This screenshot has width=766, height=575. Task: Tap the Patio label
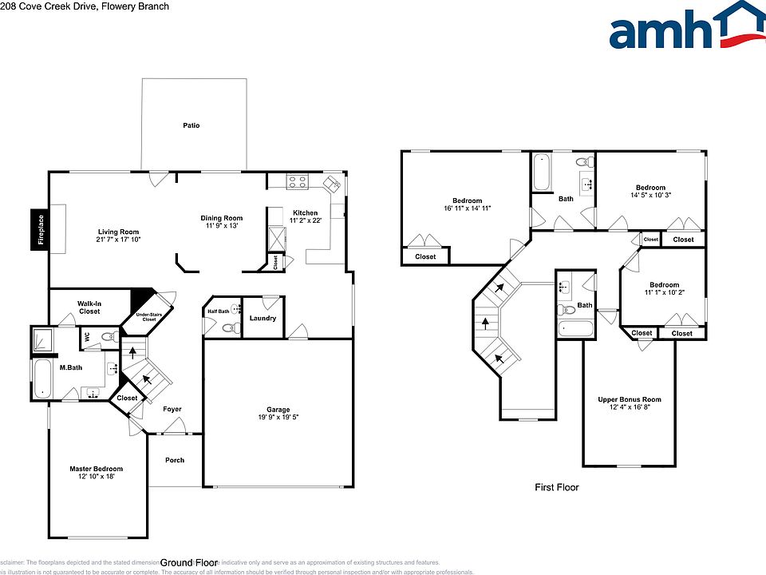pyautogui.click(x=191, y=125)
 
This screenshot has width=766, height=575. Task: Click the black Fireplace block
pyautogui.click(x=38, y=230)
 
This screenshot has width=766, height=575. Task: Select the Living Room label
pyautogui.click(x=118, y=232)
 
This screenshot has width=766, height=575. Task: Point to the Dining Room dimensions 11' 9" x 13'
pyautogui.click(x=221, y=226)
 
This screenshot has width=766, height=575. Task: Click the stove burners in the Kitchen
pyautogui.click(x=298, y=182)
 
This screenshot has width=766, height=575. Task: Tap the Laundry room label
pyautogui.click(x=263, y=319)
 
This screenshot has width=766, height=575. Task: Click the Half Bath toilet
pyautogui.click(x=229, y=327)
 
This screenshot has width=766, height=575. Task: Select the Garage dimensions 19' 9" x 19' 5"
pyautogui.click(x=278, y=418)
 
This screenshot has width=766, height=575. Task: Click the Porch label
pyautogui.click(x=175, y=460)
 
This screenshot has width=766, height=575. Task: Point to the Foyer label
pyautogui.click(x=172, y=410)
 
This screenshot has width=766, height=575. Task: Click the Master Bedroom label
pyautogui.click(x=96, y=469)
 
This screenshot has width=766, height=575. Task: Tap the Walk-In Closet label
pyautogui.click(x=89, y=307)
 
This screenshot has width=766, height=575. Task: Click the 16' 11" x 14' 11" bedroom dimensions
pyautogui.click(x=467, y=208)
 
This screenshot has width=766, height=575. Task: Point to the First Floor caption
pyautogui.click(x=557, y=487)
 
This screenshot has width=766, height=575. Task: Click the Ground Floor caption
pyautogui.click(x=189, y=562)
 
